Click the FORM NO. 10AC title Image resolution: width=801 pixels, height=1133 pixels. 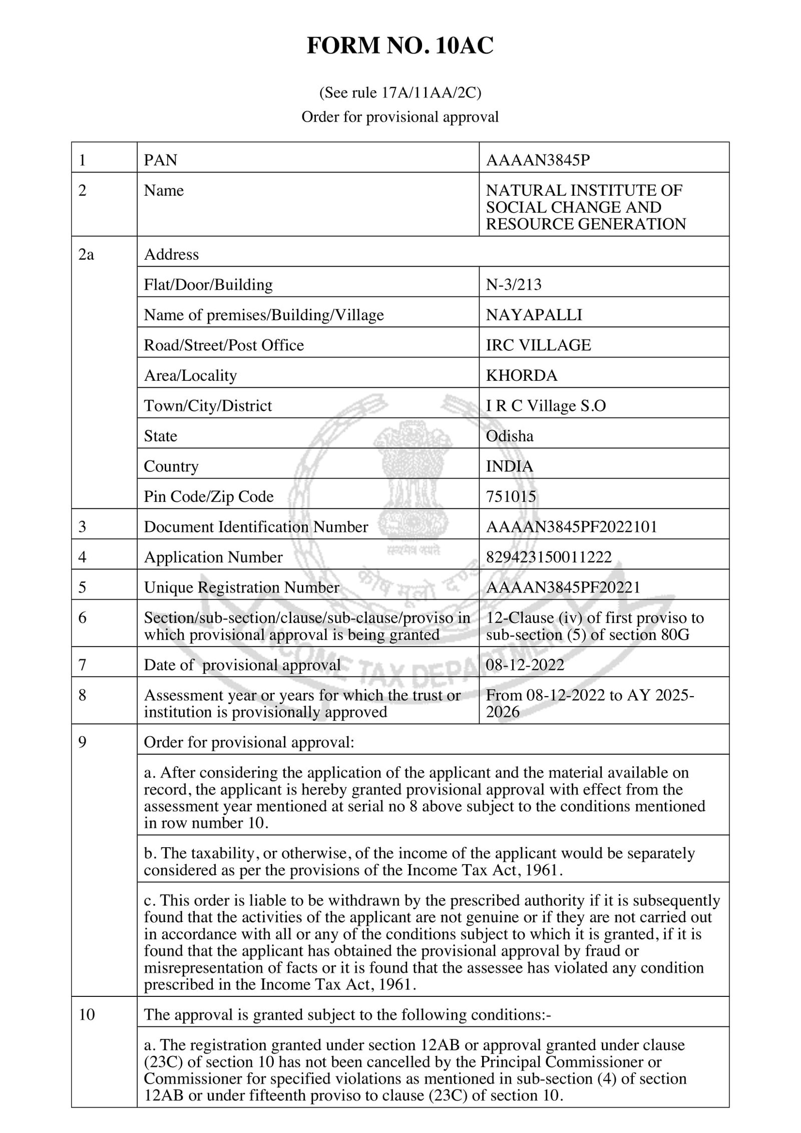coord(400,46)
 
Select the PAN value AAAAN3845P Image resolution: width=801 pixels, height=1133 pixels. coord(538,160)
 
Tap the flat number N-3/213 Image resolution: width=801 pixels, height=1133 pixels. coord(514,284)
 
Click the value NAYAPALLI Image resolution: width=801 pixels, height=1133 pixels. coord(534,315)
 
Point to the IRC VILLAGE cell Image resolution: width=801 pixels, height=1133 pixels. coord(538,345)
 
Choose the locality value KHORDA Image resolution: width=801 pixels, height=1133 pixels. coord(521,375)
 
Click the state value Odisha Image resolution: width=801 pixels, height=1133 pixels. coord(510,436)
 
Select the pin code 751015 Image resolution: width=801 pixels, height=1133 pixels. coord(511,496)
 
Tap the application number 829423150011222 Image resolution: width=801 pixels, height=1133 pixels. coord(549,557)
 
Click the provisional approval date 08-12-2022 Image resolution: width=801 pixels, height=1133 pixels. coord(525,665)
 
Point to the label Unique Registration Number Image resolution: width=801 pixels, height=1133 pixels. coord(241,587)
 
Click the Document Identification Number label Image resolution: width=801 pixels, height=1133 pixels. coord(256,526)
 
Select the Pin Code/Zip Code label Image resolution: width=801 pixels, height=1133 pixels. coord(209,496)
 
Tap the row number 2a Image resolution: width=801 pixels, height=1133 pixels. coord(86,254)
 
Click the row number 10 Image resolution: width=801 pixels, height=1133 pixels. coord(87,1014)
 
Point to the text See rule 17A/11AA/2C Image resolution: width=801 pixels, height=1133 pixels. coord(400,93)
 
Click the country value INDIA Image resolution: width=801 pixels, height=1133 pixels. coord(509,466)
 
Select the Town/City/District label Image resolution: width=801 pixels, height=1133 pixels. coord(208,405)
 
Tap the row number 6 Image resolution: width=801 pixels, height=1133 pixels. coord(83,618)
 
